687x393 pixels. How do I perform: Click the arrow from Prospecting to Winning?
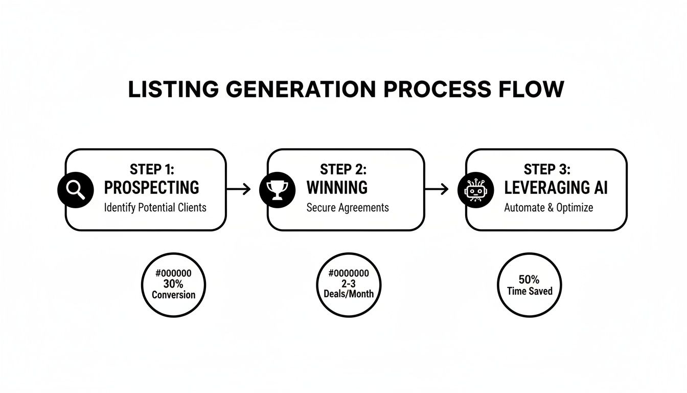[239, 189]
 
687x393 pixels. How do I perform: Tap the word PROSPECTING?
[152, 188]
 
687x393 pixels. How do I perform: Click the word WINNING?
[337, 188]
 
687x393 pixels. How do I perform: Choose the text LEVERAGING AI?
[556, 188]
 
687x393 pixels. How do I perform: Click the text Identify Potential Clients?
[155, 208]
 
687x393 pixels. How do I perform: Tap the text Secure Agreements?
[348, 208]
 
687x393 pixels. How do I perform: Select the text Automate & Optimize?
[548, 208]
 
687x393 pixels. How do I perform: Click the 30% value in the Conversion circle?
[173, 284]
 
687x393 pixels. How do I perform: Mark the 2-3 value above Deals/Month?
[349, 283]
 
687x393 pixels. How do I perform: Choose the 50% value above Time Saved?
[529, 280]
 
